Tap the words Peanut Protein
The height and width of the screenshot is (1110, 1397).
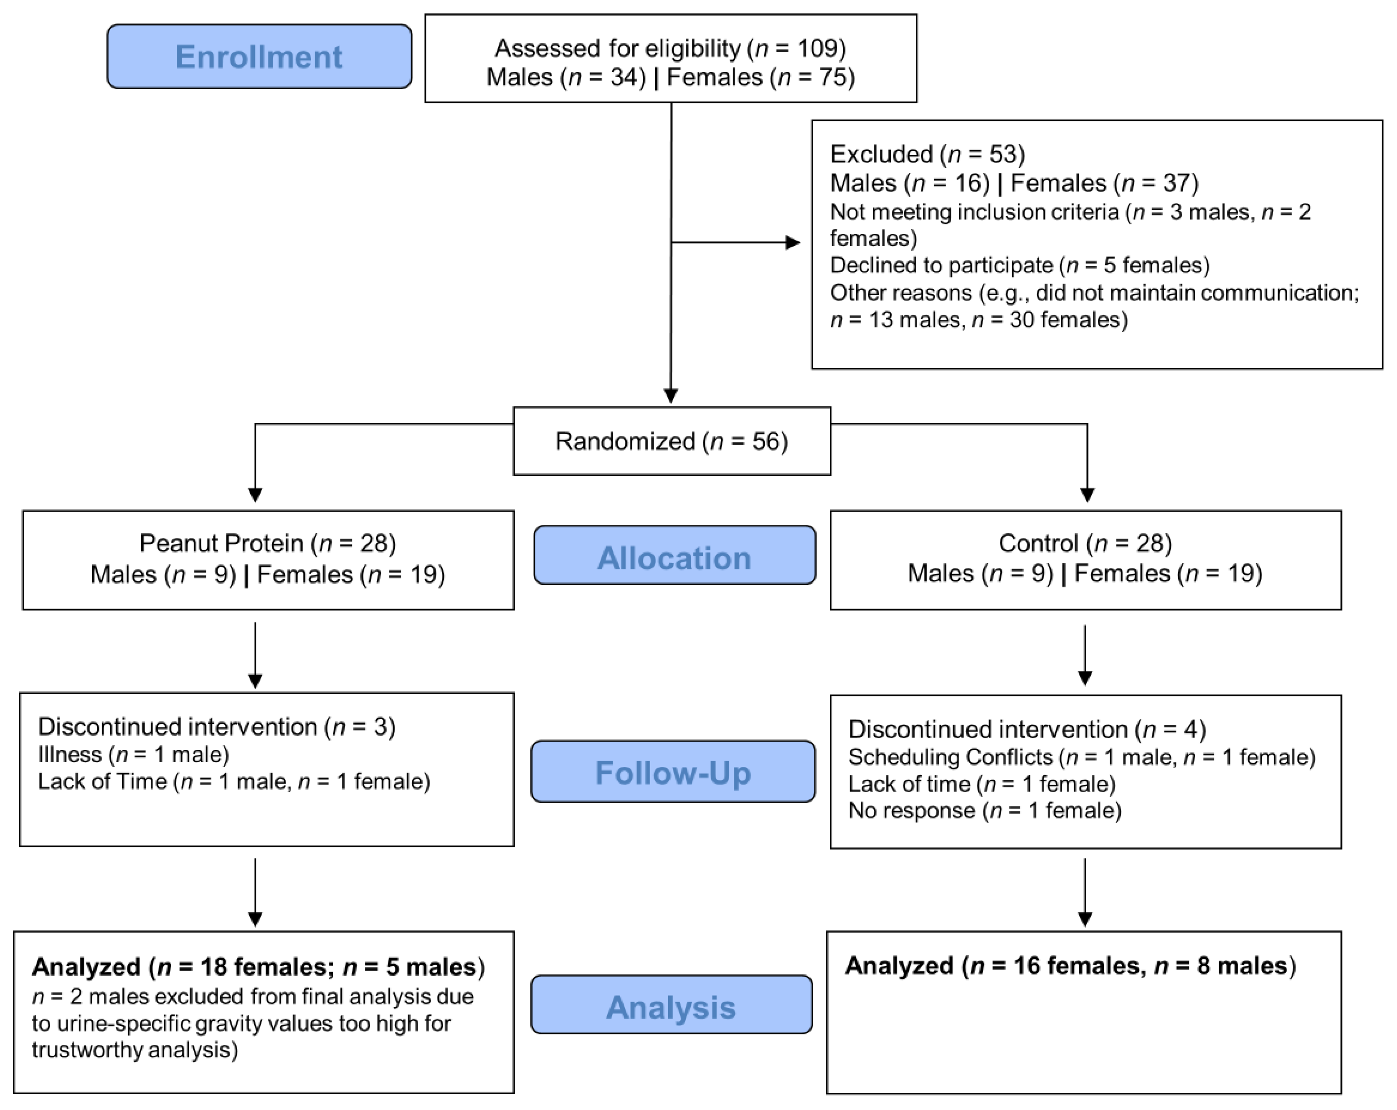pos(221,543)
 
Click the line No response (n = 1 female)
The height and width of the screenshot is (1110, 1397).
pos(984,811)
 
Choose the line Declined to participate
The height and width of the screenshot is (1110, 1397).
pos(1019,265)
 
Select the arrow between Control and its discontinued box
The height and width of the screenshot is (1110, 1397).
pos(1085,655)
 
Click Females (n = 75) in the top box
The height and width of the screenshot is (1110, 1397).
pos(761,77)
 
